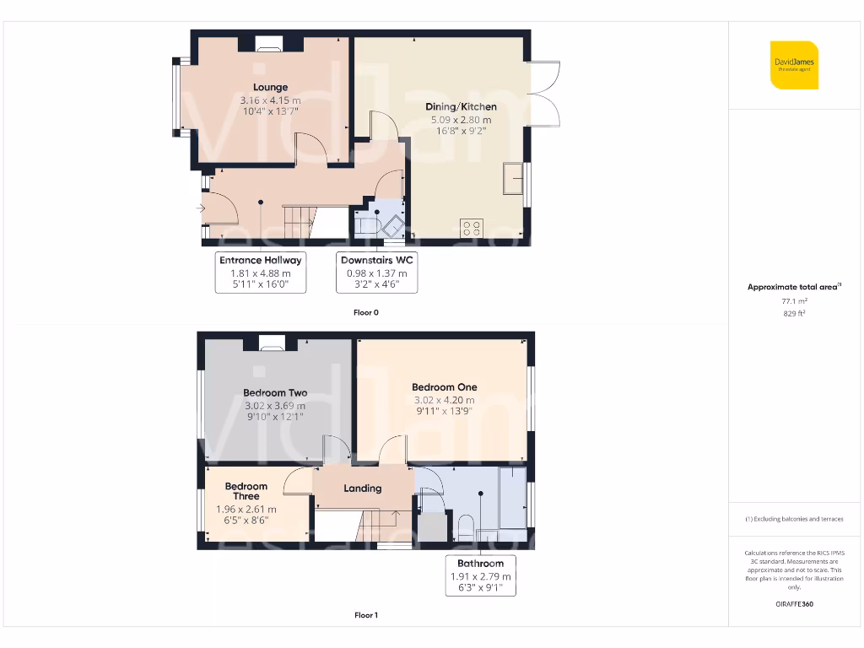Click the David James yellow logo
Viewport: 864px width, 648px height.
(x=794, y=65)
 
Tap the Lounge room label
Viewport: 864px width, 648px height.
(x=270, y=88)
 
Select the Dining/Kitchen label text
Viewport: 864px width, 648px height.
(x=461, y=107)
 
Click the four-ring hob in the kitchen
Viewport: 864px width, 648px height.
(x=472, y=227)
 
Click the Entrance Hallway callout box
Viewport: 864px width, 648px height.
(x=260, y=272)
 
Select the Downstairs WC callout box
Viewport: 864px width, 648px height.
(x=377, y=272)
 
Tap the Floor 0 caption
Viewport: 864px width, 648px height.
(x=366, y=312)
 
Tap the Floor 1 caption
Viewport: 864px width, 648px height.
(x=366, y=615)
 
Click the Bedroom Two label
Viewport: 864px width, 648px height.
(x=275, y=392)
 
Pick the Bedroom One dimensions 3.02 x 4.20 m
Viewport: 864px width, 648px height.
(x=443, y=400)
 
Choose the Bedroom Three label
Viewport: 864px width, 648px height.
(x=246, y=491)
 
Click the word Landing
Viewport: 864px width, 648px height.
(x=363, y=489)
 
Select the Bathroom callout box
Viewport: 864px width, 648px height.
(x=480, y=575)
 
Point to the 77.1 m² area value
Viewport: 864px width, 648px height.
(x=793, y=300)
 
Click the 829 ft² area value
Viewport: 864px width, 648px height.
(x=793, y=313)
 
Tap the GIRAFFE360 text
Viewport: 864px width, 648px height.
(x=793, y=604)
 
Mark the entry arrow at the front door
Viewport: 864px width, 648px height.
(x=201, y=208)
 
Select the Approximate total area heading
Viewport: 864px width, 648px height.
(x=793, y=287)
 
